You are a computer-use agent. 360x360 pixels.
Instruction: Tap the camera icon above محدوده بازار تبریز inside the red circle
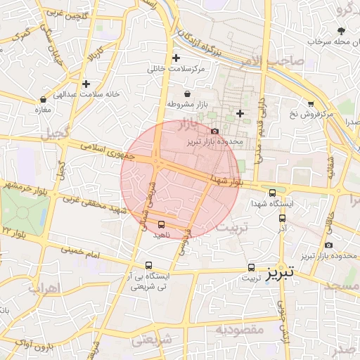pos(214,131)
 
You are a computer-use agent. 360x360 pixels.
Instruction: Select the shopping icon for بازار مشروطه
pos(187,94)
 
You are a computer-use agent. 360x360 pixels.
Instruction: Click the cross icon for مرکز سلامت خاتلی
pos(176,58)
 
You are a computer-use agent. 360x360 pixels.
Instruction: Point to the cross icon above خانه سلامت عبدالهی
pos(86,84)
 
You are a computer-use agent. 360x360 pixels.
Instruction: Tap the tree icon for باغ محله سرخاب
pos(342,30)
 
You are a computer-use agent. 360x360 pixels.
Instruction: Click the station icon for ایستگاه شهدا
pos(272,192)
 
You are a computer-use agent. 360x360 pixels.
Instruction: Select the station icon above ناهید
pos(162,224)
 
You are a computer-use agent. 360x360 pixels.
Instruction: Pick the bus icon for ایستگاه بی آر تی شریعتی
pos(148,265)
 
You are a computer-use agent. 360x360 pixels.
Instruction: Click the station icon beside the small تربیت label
pos(252,267)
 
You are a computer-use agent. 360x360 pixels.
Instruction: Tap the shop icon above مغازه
pos(44,99)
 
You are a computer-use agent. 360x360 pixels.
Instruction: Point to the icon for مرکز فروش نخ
pos(311,103)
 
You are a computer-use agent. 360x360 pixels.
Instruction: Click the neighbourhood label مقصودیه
pos(239,329)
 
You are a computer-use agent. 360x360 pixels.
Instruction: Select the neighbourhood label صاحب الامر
pos(284,60)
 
